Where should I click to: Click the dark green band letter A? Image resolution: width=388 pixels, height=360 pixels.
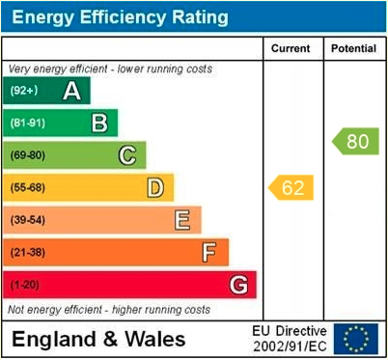pyautogui.click(x=71, y=91)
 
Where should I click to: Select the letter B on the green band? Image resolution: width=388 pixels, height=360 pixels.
pyautogui.click(x=99, y=123)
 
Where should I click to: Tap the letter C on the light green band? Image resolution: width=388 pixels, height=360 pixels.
pyautogui.click(x=127, y=155)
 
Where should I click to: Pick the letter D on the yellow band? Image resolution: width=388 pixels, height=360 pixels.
pyautogui.click(x=154, y=187)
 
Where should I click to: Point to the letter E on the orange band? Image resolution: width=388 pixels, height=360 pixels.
pyautogui.click(x=182, y=220)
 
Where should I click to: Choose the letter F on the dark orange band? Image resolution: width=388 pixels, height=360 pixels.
pyautogui.click(x=209, y=253)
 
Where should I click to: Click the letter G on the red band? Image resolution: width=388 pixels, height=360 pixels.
pyautogui.click(x=238, y=286)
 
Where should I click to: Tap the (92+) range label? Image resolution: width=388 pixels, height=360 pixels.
pyautogui.click(x=24, y=91)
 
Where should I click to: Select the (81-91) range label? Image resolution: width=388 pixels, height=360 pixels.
pyautogui.click(x=28, y=123)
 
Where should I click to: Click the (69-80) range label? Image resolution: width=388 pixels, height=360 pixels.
pyautogui.click(x=28, y=155)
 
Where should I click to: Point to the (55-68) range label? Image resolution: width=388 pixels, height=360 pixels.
pyautogui.click(x=28, y=187)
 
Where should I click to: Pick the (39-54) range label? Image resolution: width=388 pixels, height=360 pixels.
pyautogui.click(x=28, y=220)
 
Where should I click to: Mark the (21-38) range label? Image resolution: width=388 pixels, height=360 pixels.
pyautogui.click(x=28, y=253)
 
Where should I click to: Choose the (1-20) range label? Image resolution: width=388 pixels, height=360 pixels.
pyautogui.click(x=25, y=286)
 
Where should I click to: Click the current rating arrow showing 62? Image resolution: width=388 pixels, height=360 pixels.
pyautogui.click(x=291, y=187)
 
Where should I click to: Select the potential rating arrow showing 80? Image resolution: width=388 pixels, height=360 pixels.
pyautogui.click(x=356, y=142)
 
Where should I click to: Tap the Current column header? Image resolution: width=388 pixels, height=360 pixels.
pyautogui.click(x=291, y=48)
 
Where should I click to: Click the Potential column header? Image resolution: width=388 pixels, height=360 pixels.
pyautogui.click(x=354, y=48)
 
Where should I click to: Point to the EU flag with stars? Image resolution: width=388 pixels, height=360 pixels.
pyautogui.click(x=356, y=339)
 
